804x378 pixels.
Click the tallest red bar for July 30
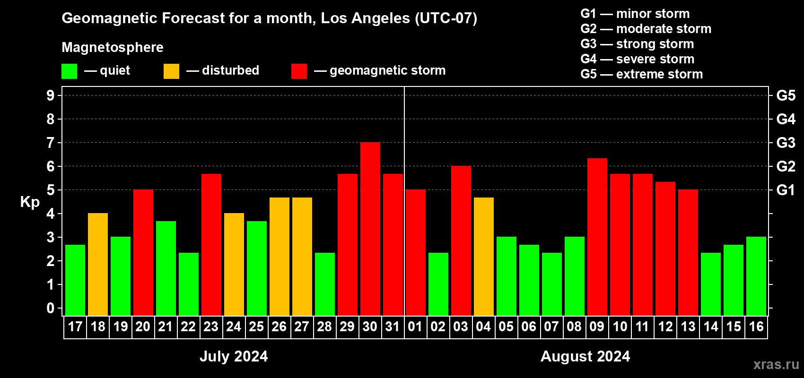370,229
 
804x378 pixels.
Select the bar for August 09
597,237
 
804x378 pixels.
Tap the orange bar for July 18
98,264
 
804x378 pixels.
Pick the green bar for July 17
75,280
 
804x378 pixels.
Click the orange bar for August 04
484,256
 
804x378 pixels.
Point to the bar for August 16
756,276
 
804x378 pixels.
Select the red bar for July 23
211,244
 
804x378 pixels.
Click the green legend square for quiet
70,71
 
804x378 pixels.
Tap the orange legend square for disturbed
172,71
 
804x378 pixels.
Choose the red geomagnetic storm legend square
299,71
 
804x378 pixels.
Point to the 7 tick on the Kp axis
51,143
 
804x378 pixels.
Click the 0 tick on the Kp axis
51,308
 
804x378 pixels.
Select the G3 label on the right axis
786,143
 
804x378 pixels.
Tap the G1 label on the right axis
786,190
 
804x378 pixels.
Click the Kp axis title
30,202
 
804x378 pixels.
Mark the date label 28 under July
324,326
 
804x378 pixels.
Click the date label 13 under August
688,326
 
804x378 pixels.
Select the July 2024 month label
234,356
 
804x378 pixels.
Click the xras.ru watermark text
776,364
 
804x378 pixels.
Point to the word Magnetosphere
113,47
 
